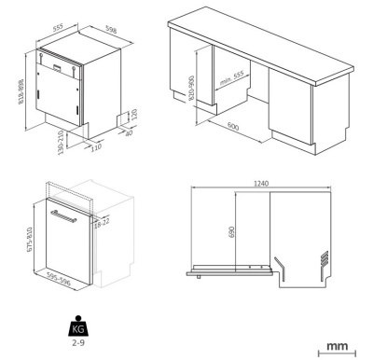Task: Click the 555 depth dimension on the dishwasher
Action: click(58, 27)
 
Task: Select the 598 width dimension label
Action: click(111, 30)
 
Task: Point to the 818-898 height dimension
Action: click(21, 91)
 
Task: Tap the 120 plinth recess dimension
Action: click(134, 115)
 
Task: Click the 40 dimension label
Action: click(129, 132)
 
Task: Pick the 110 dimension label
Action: click(96, 146)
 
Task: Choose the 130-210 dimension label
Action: click(61, 143)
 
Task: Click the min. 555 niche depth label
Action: click(231, 78)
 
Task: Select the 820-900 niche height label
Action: click(191, 89)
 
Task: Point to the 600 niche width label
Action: click(233, 126)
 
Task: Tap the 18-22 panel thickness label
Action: click(102, 223)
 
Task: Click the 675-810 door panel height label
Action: click(30, 240)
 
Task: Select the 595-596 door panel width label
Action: click(59, 279)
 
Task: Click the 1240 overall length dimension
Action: click(261, 184)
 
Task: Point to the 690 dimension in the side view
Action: click(231, 232)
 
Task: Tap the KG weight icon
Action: click(78, 326)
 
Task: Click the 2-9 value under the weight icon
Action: click(78, 343)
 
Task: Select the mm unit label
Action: click(337, 346)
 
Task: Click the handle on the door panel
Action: click(63, 216)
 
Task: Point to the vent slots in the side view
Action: click(325, 257)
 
